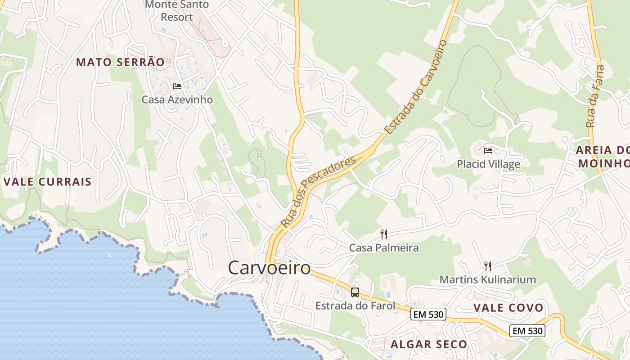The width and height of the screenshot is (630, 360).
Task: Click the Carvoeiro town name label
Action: coord(269,268)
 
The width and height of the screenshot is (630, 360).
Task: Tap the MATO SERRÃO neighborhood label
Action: coord(120,62)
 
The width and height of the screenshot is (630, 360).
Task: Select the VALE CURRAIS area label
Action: coord(48,182)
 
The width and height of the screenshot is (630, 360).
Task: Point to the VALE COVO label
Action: coord(508,308)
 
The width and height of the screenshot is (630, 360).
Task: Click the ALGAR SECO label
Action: coord(429,345)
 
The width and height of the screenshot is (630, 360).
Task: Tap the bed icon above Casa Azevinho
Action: coord(177,86)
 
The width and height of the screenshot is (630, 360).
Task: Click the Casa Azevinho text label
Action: coord(177,99)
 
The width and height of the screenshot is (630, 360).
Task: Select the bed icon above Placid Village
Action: coord(488,150)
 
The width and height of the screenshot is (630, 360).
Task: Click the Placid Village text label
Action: coord(488,164)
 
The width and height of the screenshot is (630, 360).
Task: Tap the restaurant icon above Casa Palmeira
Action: coord(384,234)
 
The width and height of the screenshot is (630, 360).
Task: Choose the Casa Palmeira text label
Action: coord(384,247)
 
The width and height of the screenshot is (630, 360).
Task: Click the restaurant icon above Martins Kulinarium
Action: coord(487,266)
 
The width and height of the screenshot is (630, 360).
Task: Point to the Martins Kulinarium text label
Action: coord(487,279)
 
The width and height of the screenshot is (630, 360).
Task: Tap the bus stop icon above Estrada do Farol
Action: coord(355,292)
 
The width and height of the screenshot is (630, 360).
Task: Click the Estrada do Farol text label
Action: coord(355,306)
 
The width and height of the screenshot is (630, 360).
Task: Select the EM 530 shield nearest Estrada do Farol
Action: coord(428,315)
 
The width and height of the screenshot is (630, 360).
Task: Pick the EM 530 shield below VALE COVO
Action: coord(527,331)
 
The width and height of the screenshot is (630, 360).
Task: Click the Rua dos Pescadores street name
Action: coord(318,191)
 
